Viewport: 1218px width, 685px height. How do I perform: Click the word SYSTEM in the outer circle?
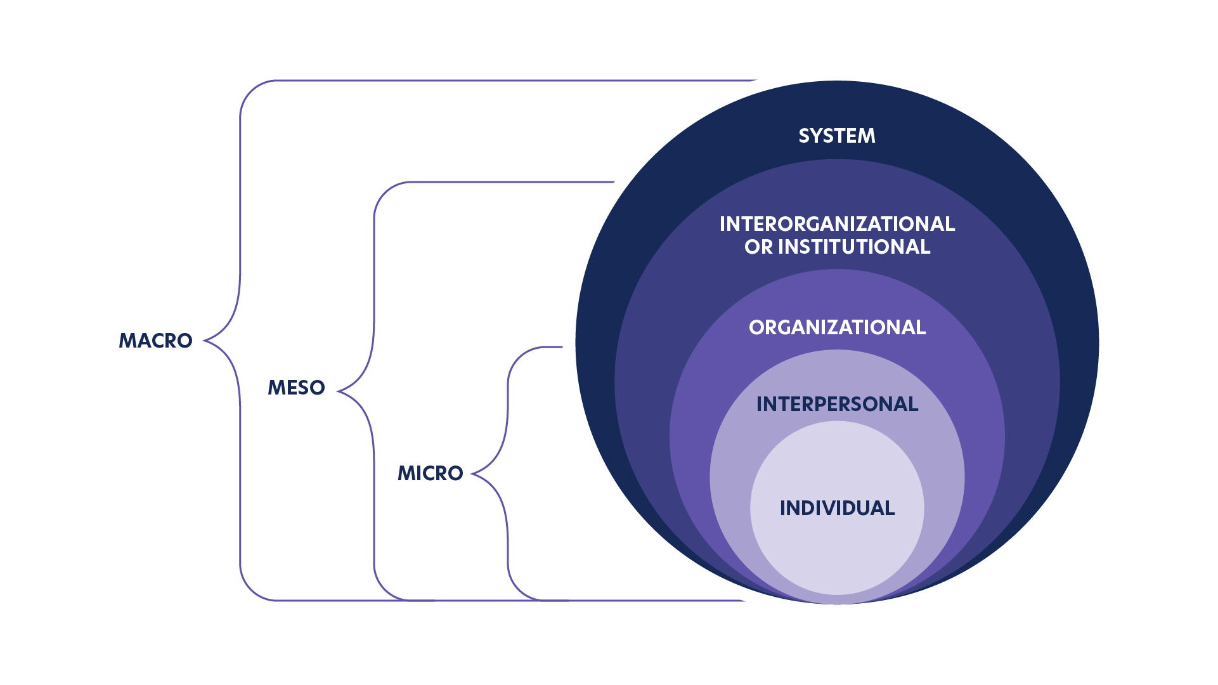[836, 136]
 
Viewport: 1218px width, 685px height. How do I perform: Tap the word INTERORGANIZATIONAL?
[837, 224]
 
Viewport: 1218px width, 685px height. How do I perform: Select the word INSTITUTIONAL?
[854, 247]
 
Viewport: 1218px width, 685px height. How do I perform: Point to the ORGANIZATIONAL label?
[837, 327]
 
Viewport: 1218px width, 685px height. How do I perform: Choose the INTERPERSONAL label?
[837, 404]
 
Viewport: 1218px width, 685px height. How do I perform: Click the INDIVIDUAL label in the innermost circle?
[837, 508]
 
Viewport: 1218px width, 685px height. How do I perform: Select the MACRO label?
[155, 341]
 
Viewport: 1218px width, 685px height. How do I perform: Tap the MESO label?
[296, 388]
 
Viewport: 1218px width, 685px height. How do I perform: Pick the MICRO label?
[430, 473]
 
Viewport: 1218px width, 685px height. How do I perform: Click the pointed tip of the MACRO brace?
[204, 341]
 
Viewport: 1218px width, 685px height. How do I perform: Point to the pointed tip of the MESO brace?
[338, 391]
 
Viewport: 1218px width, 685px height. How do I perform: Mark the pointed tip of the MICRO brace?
[472, 474]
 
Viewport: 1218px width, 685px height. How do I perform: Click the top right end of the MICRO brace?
[562, 347]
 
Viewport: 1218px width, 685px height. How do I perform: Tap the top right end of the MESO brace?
[613, 182]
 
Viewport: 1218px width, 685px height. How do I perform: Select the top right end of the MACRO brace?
[756, 81]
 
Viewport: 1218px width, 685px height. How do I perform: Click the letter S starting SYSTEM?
[805, 136]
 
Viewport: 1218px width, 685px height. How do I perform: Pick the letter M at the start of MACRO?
[127, 341]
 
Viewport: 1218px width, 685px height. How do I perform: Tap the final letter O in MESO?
[317, 388]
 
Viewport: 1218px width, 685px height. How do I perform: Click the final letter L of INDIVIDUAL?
[890, 508]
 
